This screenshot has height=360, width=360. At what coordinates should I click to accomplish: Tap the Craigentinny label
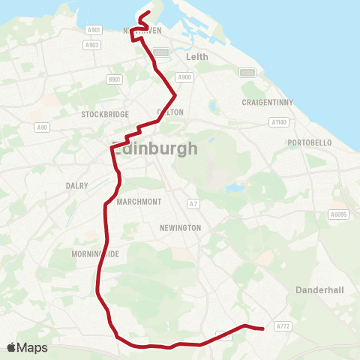tap(266, 102)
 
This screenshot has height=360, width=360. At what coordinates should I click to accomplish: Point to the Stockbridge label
tap(102, 115)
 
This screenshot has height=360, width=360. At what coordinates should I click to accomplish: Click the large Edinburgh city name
tap(154, 148)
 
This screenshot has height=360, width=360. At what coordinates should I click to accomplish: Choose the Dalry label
tap(77, 185)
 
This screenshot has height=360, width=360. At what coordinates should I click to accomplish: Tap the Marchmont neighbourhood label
tap(139, 202)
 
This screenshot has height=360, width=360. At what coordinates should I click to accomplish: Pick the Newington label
tap(181, 227)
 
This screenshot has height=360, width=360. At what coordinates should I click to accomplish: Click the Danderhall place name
tap(319, 289)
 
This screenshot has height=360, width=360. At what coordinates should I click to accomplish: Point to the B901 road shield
tap(115, 79)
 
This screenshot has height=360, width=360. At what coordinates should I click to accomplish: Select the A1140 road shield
tap(279, 121)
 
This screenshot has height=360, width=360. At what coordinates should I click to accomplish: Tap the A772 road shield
tap(282, 326)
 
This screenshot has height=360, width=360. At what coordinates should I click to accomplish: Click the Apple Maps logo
tap(27, 347)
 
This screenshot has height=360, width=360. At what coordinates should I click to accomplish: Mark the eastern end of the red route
tap(262, 328)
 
